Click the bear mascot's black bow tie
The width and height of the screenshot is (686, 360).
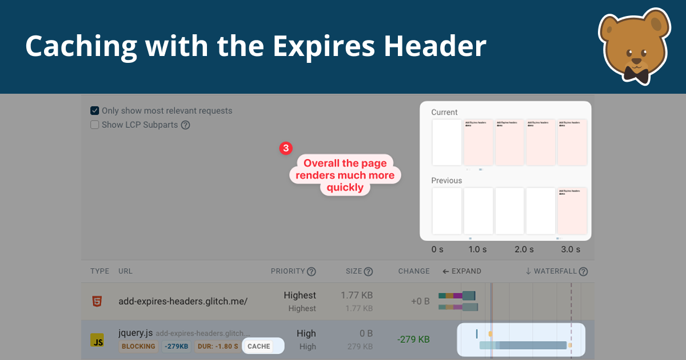pos(636,74)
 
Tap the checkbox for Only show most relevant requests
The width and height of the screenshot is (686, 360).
pos(95,111)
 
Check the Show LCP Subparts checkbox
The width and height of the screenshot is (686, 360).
pos(95,125)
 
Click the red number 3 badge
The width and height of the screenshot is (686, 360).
pos(286,149)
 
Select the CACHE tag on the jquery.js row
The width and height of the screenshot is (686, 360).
pos(259,346)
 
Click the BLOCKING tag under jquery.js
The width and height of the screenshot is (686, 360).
pos(138,346)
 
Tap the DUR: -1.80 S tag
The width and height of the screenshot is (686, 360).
pos(218,346)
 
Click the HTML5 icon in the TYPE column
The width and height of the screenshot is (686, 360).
pos(98,301)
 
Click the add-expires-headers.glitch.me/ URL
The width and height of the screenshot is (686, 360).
pos(183,301)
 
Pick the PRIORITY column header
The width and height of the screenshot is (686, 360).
pos(288,271)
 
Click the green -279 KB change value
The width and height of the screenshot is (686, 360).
pos(413,339)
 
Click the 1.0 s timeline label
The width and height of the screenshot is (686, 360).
pos(478,250)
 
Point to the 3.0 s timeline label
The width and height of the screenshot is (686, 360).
pos(570,250)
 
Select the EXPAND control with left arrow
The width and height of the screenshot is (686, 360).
pos(462,271)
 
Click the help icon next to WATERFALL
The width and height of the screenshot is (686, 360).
pos(583,272)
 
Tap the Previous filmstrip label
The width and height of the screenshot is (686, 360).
pos(446,181)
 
